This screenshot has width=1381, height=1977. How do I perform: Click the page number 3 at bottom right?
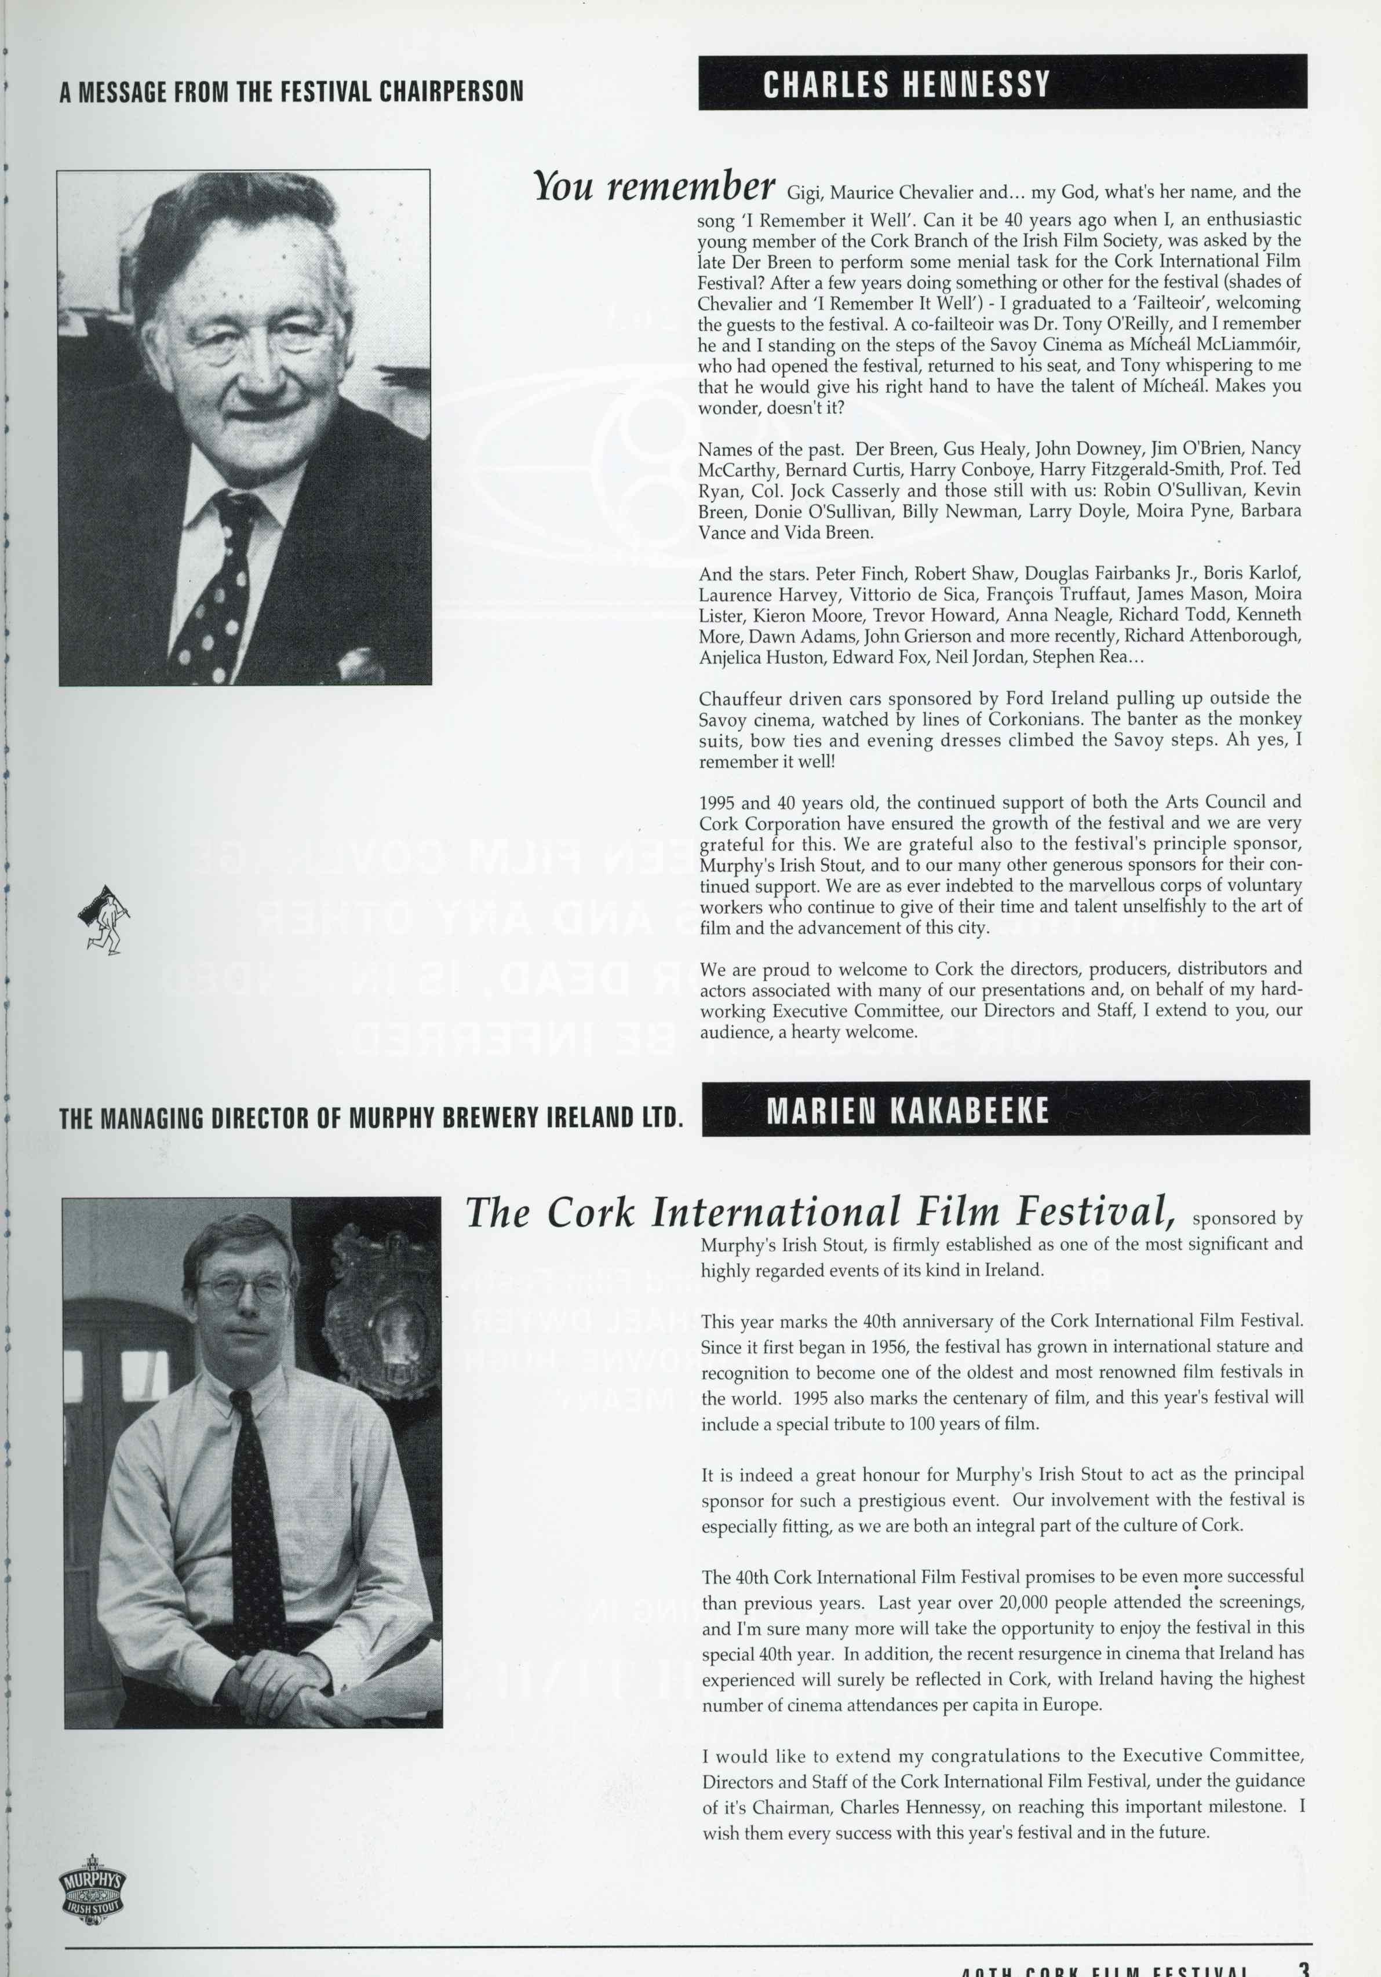pos(1303,1966)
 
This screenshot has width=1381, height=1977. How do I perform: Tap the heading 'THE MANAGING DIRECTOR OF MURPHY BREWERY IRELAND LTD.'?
pos(371,1118)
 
